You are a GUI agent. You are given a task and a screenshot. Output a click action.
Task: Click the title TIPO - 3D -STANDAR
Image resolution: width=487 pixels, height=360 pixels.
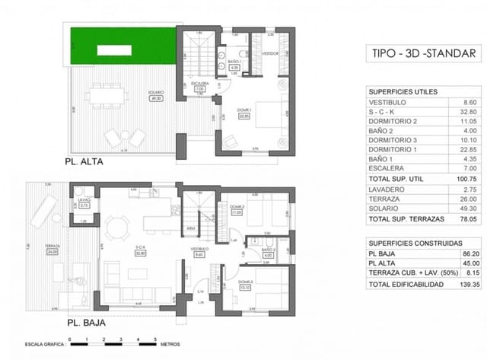click(424, 53)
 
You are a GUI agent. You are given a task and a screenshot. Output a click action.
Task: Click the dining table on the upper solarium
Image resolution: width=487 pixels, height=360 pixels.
click(100, 98)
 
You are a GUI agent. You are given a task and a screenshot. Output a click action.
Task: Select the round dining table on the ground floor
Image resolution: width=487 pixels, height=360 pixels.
click(117, 225)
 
